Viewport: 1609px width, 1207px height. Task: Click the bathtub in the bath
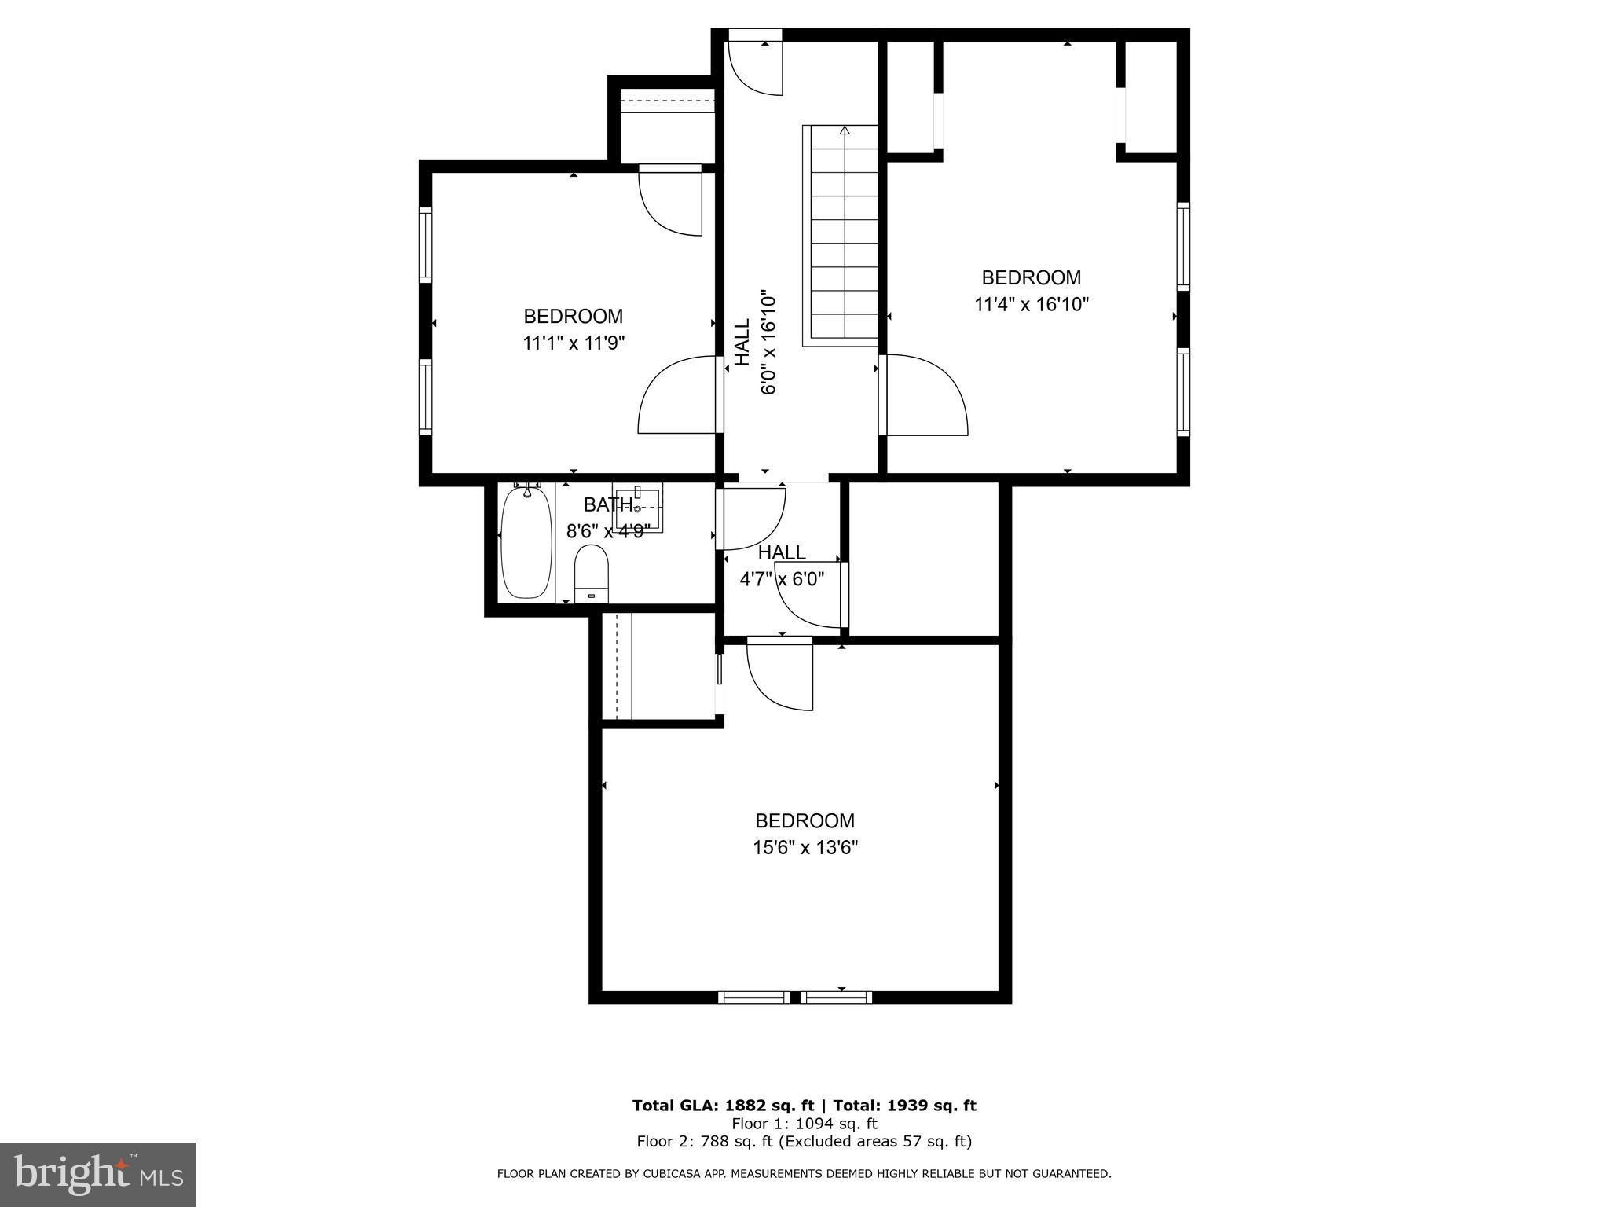coord(527,542)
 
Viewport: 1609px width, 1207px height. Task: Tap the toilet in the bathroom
coord(592,574)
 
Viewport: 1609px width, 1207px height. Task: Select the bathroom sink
coord(638,507)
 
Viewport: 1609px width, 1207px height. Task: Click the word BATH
coord(607,504)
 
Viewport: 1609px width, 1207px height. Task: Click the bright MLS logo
coord(98,1174)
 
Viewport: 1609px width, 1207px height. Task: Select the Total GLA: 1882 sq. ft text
coord(723,1106)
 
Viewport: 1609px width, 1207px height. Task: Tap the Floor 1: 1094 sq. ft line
coord(804,1124)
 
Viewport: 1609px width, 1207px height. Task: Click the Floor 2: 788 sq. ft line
coord(804,1142)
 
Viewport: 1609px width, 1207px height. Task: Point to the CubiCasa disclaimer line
coord(804,1174)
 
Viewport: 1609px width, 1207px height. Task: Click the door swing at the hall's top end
coord(755,67)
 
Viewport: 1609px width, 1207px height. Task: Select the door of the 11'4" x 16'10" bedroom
coord(923,395)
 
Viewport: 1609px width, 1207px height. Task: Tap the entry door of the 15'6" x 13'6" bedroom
coord(778,674)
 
